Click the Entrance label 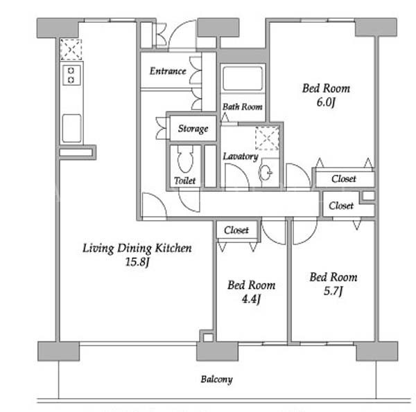pyautogui.click(x=168, y=71)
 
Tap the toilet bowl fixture pyautogui.click(x=185, y=159)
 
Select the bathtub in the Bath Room pyautogui.click(x=243, y=78)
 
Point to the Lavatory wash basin pyautogui.click(x=266, y=172)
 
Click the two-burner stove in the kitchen pyautogui.click(x=71, y=75)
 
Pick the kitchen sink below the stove pyautogui.click(x=71, y=129)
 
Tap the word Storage pyautogui.click(x=193, y=129)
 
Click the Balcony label pyautogui.click(x=216, y=379)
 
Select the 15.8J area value pyautogui.click(x=137, y=262)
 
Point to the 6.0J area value pyautogui.click(x=326, y=102)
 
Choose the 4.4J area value pyautogui.click(x=251, y=299)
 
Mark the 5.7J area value pyautogui.click(x=333, y=291)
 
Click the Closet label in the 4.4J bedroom pyautogui.click(x=236, y=230)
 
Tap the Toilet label pyautogui.click(x=184, y=181)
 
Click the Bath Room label pyautogui.click(x=243, y=107)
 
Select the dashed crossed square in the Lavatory pyautogui.click(x=267, y=138)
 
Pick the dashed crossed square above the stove pyautogui.click(x=71, y=50)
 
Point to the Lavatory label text pyautogui.click(x=241, y=156)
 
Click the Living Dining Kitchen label pyautogui.click(x=137, y=249)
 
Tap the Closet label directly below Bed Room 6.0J pyautogui.click(x=344, y=179)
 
